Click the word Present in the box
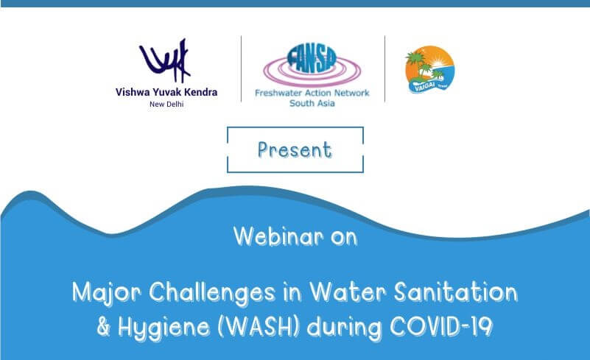click(295, 149)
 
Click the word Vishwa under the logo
click(133, 93)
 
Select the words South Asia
click(312, 104)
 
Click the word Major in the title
click(100, 292)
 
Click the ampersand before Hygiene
click(103, 326)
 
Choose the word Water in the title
click(344, 292)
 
